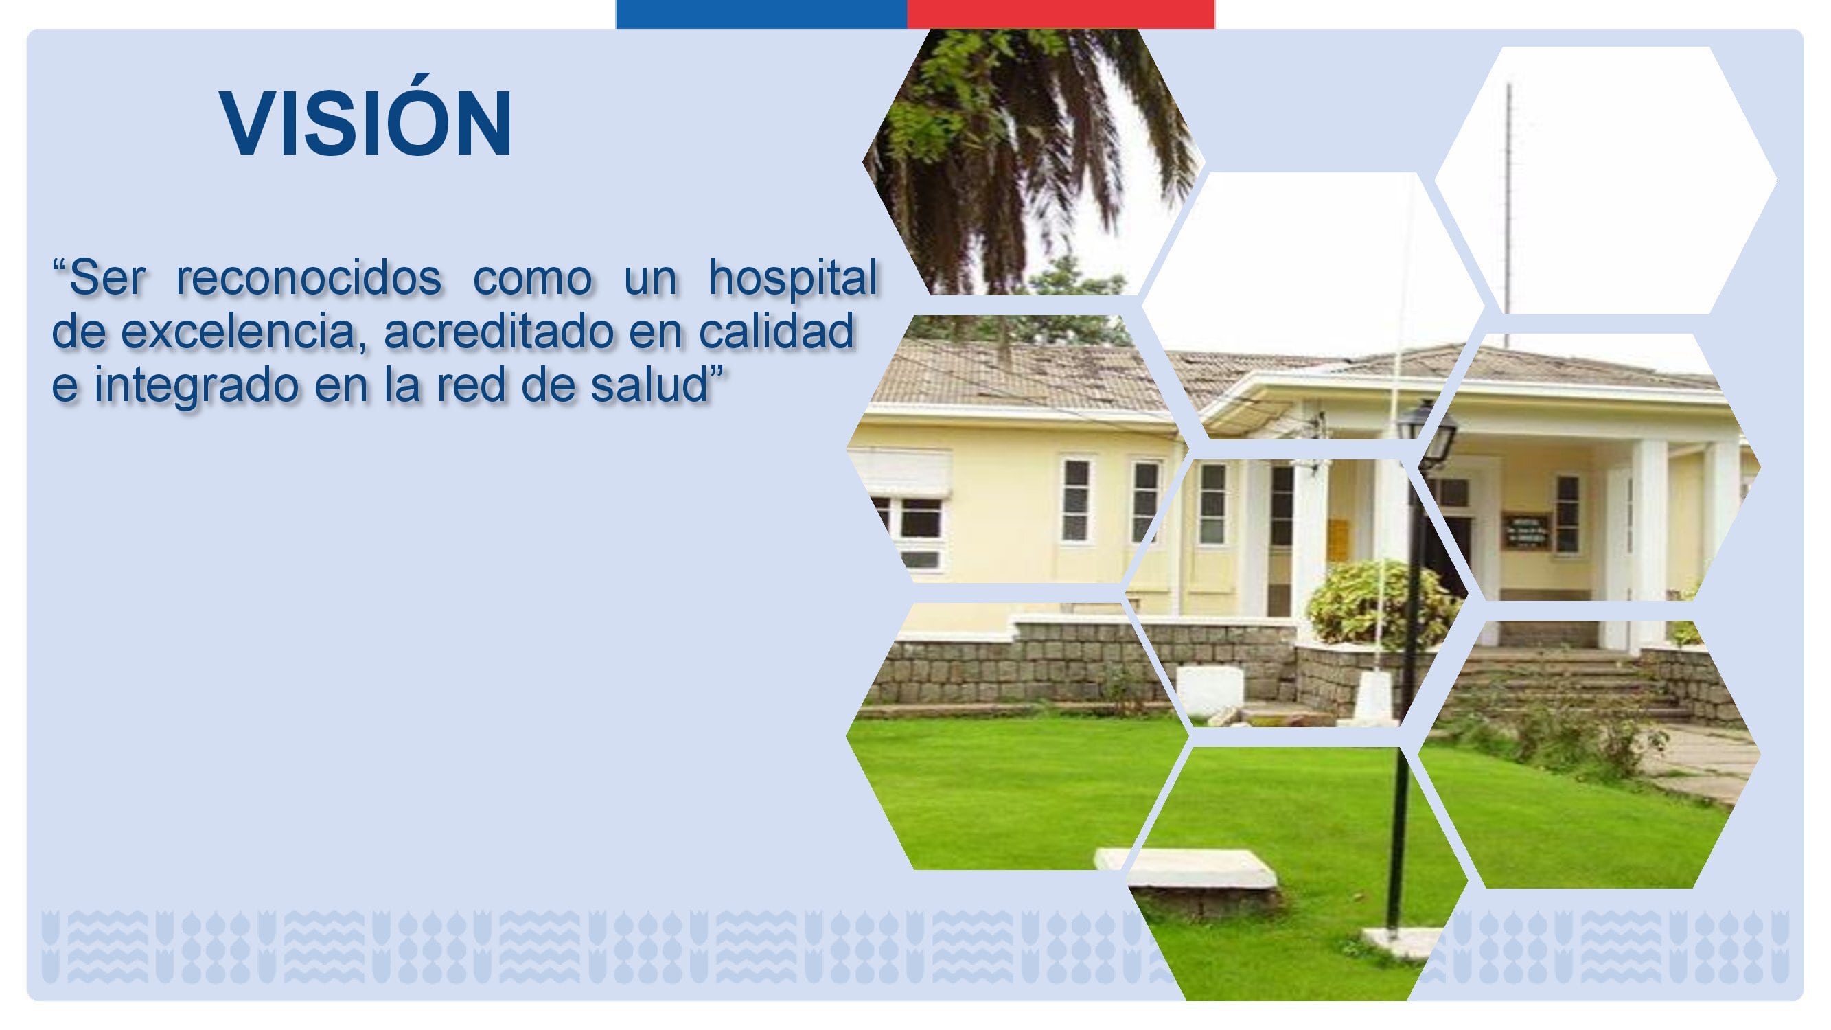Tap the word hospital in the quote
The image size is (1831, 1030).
(793, 277)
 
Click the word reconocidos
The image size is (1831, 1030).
(308, 277)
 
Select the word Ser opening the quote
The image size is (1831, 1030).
(106, 277)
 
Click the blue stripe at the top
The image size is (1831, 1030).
(761, 14)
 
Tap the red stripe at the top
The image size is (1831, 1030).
(1061, 14)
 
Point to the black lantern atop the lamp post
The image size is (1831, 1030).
(1427, 431)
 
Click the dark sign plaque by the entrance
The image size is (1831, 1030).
(1526, 531)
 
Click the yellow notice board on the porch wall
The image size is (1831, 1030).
(1339, 539)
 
